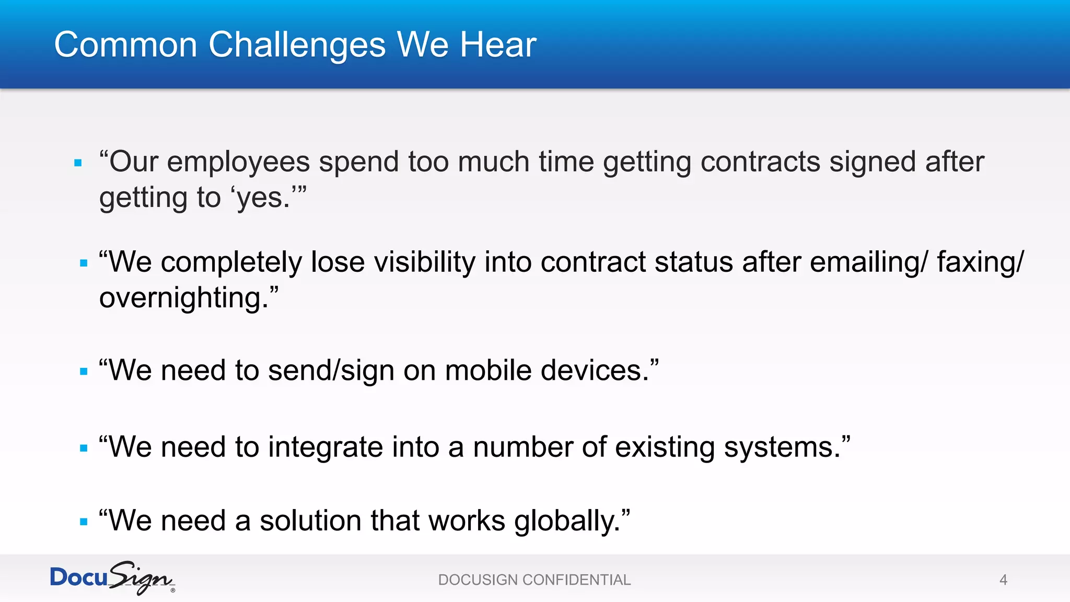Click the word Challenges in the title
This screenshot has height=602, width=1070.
(x=297, y=45)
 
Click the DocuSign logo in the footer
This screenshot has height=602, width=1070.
(x=112, y=578)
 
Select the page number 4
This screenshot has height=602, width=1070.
(x=1003, y=580)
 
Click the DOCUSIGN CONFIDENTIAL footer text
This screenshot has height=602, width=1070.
(x=534, y=580)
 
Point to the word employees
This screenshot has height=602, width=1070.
(x=238, y=163)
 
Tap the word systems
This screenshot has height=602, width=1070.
(x=782, y=447)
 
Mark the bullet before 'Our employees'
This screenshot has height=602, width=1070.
(x=78, y=163)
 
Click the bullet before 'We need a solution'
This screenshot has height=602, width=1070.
(x=84, y=522)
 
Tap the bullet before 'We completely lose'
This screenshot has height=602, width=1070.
(x=84, y=263)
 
